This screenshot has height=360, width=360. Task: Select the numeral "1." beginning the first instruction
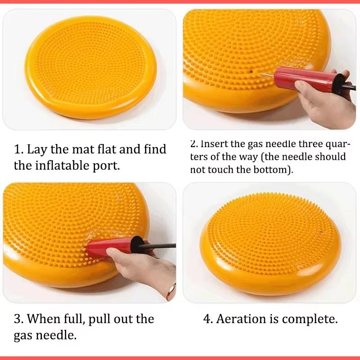click(x=19, y=149)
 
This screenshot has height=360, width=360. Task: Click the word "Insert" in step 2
click(x=215, y=144)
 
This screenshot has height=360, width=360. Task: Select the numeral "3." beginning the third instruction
click(x=19, y=319)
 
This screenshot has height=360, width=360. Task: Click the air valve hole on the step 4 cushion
click(x=321, y=233)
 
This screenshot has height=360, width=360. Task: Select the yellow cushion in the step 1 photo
click(x=90, y=67)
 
